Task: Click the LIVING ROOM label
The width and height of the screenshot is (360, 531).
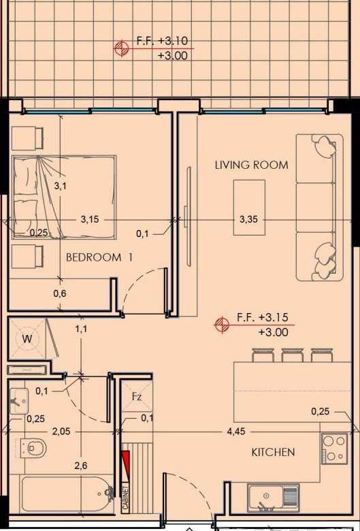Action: [x=252, y=165]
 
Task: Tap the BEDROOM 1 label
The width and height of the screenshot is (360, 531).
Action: [x=99, y=257]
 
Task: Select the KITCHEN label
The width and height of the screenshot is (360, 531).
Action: [x=274, y=452]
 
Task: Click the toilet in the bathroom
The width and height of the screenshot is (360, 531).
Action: [x=33, y=448]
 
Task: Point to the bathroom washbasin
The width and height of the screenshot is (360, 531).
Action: [x=19, y=401]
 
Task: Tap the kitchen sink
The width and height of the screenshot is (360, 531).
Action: [x=274, y=498]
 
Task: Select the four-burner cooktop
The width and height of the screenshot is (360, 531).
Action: [x=334, y=449]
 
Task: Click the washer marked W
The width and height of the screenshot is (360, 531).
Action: [x=27, y=338]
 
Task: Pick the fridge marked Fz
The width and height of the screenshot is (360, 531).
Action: [x=137, y=396]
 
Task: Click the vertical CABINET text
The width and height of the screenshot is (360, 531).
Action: [x=126, y=498]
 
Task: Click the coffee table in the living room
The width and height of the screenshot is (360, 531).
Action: [x=249, y=207]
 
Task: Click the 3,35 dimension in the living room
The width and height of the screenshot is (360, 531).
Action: [x=248, y=219]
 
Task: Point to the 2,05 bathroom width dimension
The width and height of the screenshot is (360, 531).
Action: [x=61, y=432]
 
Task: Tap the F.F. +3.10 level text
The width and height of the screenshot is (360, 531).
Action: [x=162, y=41]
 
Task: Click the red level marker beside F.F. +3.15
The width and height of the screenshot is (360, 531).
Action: [x=222, y=325]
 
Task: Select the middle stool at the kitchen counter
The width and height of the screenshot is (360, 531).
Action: [x=292, y=355]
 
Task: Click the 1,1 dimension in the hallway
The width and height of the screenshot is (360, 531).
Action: [x=81, y=329]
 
